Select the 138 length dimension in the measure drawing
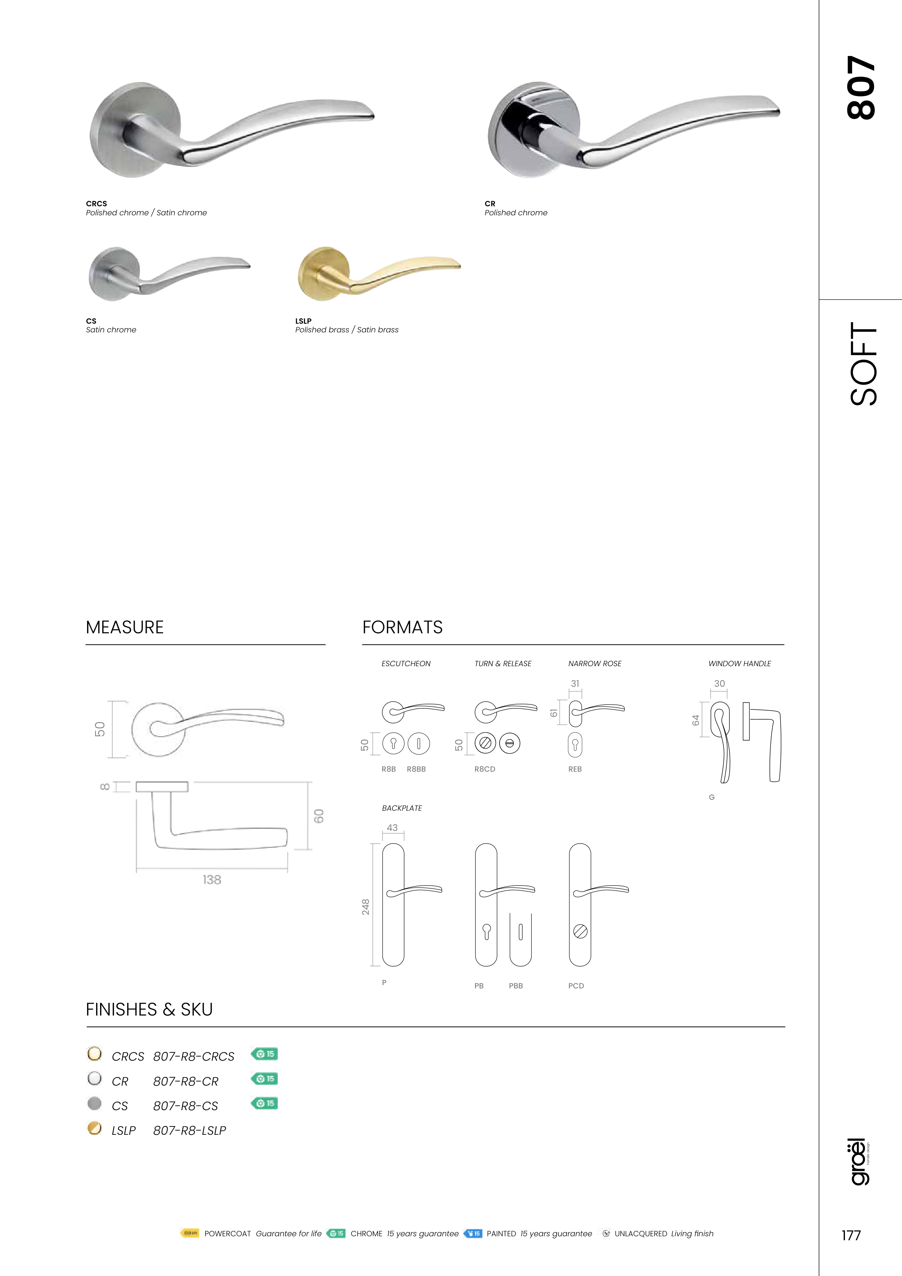[212, 880]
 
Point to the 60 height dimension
[319, 816]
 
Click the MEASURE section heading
[125, 628]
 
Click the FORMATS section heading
[402, 628]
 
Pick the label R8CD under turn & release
[485, 769]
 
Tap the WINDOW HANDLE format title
[740, 664]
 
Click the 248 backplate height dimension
[366, 907]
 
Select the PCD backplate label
[576, 986]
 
